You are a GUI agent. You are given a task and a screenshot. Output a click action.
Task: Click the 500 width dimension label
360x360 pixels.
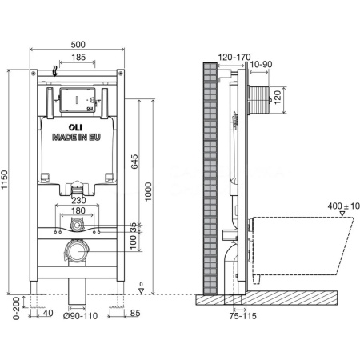coord(78,45)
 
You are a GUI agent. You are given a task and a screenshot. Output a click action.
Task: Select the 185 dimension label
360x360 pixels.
coord(78,57)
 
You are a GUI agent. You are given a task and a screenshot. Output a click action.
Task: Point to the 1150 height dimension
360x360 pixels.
coord(5,180)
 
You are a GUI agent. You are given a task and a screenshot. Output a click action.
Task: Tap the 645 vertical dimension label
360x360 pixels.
coord(134,161)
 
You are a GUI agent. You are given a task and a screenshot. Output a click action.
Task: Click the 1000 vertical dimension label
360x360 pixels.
coord(148,191)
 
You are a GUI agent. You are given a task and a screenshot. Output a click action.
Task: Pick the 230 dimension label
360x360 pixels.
coord(78,200)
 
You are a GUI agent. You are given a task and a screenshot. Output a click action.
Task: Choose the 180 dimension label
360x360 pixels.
coord(78,210)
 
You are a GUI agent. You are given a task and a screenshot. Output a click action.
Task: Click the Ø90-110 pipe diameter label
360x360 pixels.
coord(80,316)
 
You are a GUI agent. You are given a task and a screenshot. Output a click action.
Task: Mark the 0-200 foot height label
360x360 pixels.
coord(17,308)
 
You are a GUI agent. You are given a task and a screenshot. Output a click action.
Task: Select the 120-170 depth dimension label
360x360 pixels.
coord(234,57)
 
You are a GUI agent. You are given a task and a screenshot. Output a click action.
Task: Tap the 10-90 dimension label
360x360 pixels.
coord(261,64)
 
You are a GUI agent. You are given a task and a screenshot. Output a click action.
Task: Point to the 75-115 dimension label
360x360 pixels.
coord(243,316)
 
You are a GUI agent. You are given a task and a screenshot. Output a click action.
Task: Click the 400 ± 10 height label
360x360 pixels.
coord(344,206)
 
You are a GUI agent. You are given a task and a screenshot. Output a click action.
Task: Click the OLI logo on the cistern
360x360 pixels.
coord(75,127)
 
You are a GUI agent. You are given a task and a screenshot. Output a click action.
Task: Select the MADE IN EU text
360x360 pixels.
coord(76,137)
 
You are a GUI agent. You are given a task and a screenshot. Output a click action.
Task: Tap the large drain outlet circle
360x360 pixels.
coord(77,251)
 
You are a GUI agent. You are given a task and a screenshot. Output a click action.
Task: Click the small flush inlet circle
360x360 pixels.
coord(77,226)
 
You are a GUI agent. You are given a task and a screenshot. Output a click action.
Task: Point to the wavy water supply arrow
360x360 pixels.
coord(55,71)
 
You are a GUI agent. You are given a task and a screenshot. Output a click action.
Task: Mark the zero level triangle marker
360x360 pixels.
coord(142,290)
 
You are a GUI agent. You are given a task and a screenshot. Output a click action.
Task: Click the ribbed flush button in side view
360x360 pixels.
coord(258,100)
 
